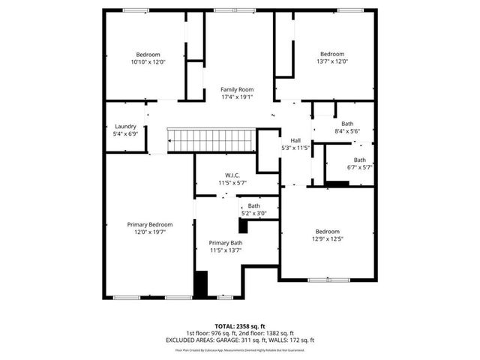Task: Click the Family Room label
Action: click(x=236, y=89)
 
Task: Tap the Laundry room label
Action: click(x=125, y=127)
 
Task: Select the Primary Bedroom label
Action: click(x=149, y=224)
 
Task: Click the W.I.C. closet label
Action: click(x=232, y=175)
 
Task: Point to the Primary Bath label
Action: click(x=225, y=243)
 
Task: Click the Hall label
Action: click(x=295, y=140)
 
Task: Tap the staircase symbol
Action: click(x=211, y=139)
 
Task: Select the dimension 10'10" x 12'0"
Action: click(x=148, y=62)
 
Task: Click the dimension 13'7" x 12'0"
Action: click(x=332, y=62)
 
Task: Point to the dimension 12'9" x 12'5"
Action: click(x=327, y=239)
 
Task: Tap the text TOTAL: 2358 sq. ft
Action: click(x=239, y=326)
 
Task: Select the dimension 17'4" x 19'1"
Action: click(x=236, y=97)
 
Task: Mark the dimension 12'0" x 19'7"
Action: click(x=149, y=232)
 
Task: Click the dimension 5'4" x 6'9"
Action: click(x=125, y=134)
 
